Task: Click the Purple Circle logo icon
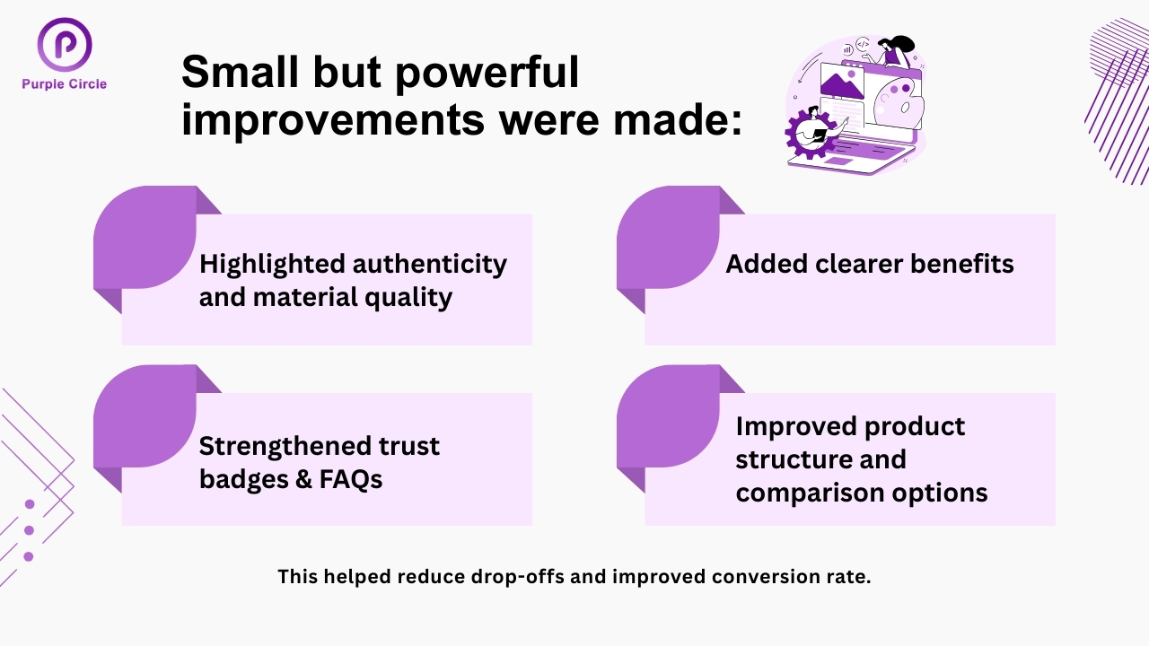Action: click(65, 44)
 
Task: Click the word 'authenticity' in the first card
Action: click(430, 265)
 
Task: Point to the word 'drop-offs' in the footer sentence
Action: click(517, 577)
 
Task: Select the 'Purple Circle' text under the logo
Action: click(65, 84)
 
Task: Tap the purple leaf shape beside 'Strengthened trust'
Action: click(145, 416)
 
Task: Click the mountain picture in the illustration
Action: click(841, 83)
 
